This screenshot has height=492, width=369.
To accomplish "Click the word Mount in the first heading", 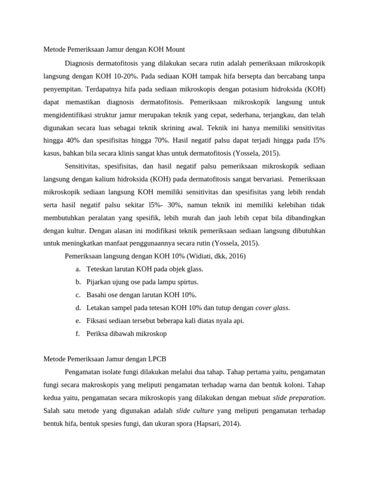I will tap(174, 49).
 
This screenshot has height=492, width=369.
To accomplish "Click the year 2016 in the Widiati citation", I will tap(234, 256).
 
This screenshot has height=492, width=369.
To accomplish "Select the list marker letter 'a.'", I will tap(78, 269).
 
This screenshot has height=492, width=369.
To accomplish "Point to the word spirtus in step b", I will tap(186, 282).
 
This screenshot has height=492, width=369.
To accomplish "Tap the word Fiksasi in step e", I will tap(98, 320).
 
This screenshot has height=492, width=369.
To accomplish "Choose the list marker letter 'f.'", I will tap(78, 333).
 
